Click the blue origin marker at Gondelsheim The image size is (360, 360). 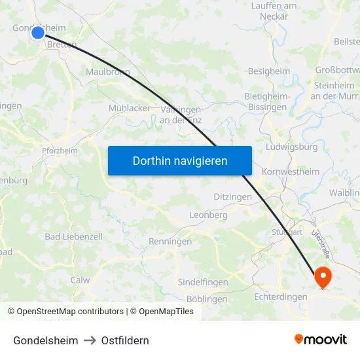tap(37, 32)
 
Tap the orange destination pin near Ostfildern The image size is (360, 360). tap(323, 276)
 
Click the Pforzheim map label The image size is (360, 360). tap(59, 151)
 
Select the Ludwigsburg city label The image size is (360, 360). tap(292, 147)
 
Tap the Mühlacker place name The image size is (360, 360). tap(130, 108)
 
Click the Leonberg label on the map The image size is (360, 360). tap(208, 215)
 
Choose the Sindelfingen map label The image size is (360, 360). tap(203, 282)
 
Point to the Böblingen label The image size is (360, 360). tap(207, 299)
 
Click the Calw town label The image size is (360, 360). tap(80, 279)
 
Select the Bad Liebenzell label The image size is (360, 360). tap(73, 236)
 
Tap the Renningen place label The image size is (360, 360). tap(170, 242)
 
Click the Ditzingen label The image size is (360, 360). tap(232, 196)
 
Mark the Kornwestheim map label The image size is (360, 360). tap(290, 171)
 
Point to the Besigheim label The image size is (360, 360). tap(269, 71)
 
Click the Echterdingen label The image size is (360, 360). tap(281, 297)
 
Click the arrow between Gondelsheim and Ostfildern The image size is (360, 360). tap(90, 340)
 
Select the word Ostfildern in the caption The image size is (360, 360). tap(125, 340)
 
